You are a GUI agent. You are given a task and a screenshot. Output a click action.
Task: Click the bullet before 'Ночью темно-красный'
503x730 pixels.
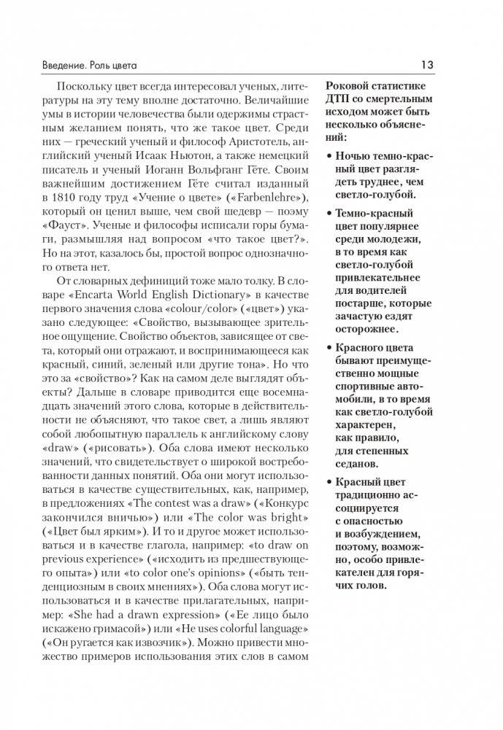(x=329, y=156)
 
